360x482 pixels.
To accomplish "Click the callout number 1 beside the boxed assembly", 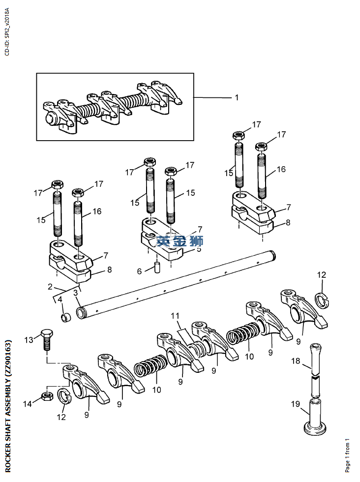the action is coord(237,97).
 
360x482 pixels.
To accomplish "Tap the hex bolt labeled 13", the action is coord(47,339).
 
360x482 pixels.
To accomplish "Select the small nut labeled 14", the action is coord(47,396).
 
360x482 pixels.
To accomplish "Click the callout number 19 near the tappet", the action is coord(296,404).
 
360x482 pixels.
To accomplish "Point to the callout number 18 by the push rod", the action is coord(296,361).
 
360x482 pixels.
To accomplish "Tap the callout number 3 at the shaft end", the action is coord(76,293).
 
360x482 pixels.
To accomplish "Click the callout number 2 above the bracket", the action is coord(50,287).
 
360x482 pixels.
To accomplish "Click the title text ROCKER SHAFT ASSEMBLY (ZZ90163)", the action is coord(8,406).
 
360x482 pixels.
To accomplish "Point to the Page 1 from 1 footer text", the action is coord(347,455).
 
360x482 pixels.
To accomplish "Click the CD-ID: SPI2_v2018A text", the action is coord(7,31).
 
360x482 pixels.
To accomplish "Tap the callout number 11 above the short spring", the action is coord(175,316).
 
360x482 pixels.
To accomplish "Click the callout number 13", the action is coord(29,340).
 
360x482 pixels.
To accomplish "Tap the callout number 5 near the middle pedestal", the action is coord(199,249).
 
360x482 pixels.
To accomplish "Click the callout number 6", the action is coord(139,271).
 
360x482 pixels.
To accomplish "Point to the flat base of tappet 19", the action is coord(315,429).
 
